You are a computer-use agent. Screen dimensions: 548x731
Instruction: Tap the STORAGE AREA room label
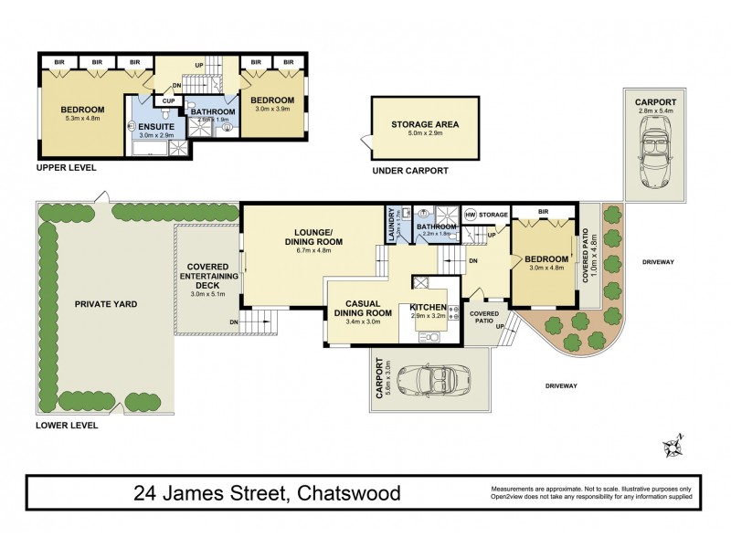[424, 124]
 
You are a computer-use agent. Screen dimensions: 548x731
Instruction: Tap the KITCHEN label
[427, 307]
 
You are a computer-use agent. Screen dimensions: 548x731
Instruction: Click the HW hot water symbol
[471, 215]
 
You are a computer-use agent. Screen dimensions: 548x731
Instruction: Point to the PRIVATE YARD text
[107, 304]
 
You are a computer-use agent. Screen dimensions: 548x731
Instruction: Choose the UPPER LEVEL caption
[66, 169]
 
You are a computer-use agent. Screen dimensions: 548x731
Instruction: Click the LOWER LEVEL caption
[66, 426]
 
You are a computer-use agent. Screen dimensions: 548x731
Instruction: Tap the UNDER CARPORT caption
[410, 170]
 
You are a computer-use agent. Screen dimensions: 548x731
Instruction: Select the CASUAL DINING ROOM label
[368, 308]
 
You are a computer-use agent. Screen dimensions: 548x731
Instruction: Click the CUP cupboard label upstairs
[169, 100]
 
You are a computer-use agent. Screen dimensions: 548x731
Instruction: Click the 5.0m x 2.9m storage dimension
[424, 134]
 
